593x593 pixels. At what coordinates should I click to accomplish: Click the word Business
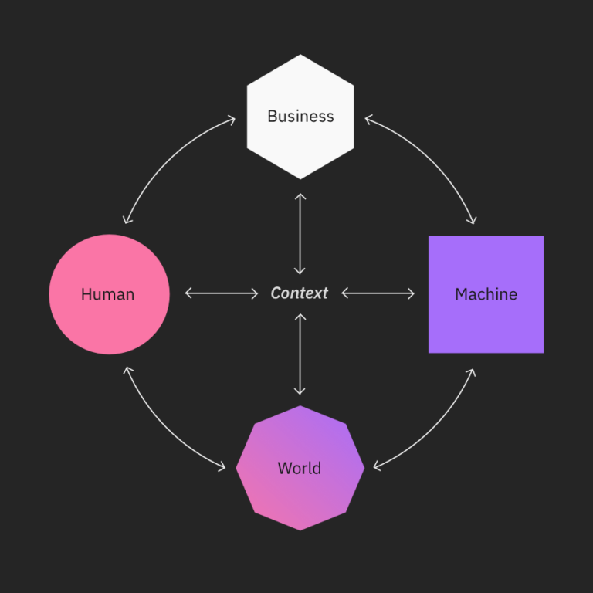click(300, 117)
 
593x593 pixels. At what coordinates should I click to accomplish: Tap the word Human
click(107, 294)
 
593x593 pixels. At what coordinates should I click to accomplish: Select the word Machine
click(486, 294)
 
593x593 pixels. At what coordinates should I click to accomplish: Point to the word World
click(300, 469)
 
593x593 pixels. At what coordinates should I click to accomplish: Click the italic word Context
click(300, 293)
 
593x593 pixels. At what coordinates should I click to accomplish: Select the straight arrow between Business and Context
click(300, 233)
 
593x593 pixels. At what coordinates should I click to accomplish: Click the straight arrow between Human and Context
click(222, 293)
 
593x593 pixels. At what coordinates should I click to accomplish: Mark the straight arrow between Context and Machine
click(378, 293)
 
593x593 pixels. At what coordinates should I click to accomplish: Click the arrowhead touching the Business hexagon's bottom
click(300, 196)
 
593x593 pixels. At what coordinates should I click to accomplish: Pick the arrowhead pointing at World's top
click(300, 391)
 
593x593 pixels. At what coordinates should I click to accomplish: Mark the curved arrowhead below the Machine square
click(472, 373)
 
